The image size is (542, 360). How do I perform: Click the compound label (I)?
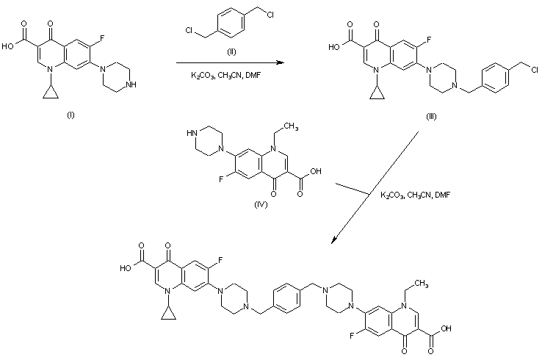coord(71,115)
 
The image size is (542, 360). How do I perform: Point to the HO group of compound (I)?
coord(10,44)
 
